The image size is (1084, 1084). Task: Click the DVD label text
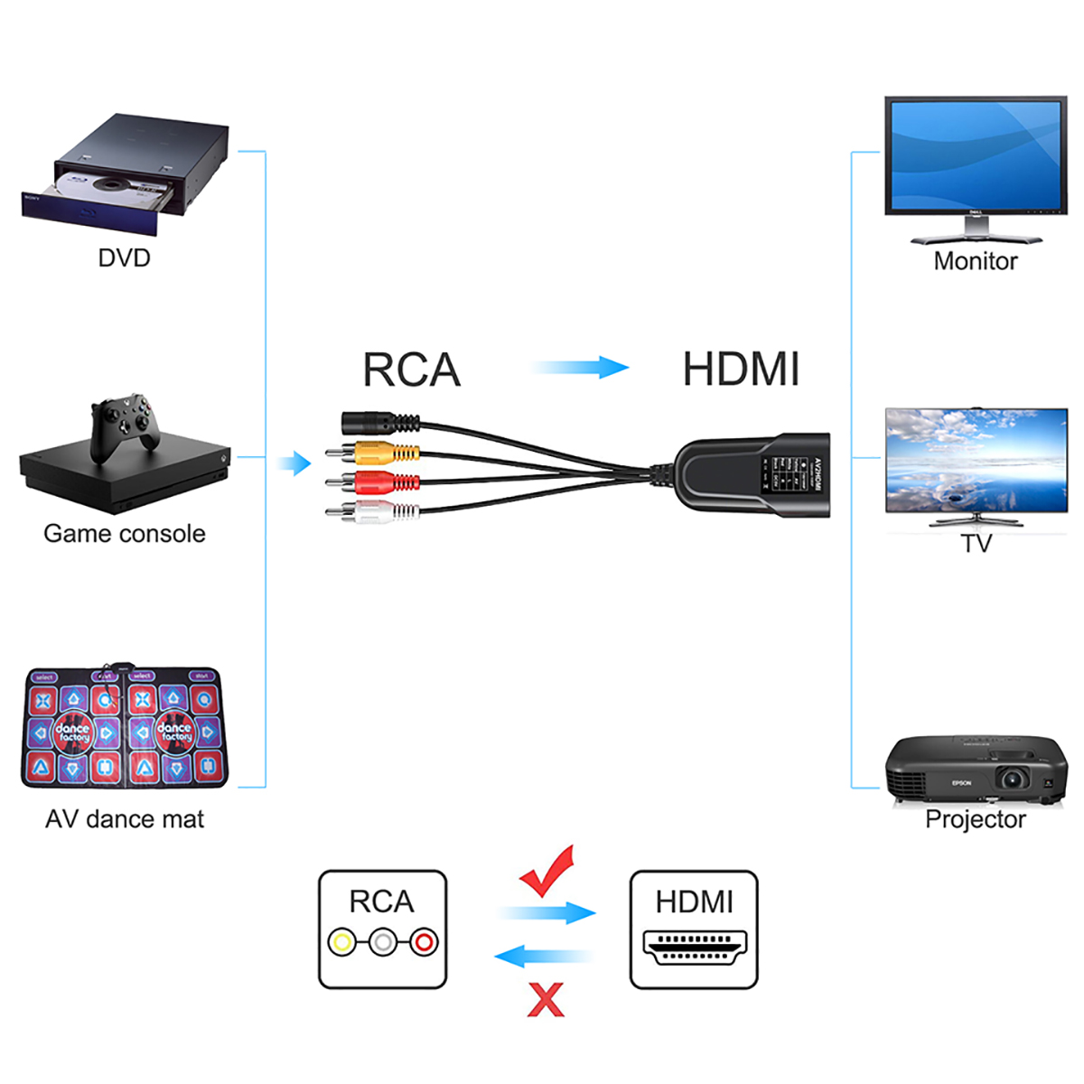tap(124, 258)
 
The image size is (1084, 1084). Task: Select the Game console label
tap(125, 534)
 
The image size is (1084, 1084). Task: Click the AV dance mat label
tap(125, 819)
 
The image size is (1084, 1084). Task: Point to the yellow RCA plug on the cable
tap(379, 452)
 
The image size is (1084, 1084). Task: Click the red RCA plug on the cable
tap(379, 481)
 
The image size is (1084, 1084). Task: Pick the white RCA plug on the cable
tap(379, 512)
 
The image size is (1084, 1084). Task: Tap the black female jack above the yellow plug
tap(375, 422)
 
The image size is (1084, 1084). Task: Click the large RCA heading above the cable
tap(411, 370)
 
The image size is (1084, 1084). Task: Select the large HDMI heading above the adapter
tap(741, 370)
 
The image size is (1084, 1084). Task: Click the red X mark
tap(546, 1000)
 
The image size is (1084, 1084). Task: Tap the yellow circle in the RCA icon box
tap(341, 943)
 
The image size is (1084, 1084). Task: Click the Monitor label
tap(975, 262)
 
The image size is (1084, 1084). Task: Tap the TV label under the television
tap(976, 544)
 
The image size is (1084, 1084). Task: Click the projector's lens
tap(1012, 779)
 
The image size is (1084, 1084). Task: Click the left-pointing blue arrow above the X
tap(542, 956)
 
